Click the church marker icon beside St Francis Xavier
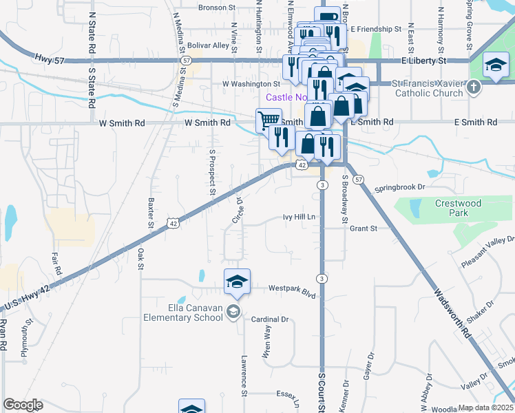click(x=474, y=87)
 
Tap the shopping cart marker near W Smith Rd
click(x=268, y=121)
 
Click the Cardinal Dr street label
click(x=269, y=319)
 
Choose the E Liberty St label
click(x=425, y=61)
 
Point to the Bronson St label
click(x=217, y=8)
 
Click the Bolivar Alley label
click(x=208, y=46)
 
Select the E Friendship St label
click(x=375, y=30)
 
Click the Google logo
click(x=23, y=405)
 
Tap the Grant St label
click(x=364, y=228)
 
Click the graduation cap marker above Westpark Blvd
click(x=236, y=281)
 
